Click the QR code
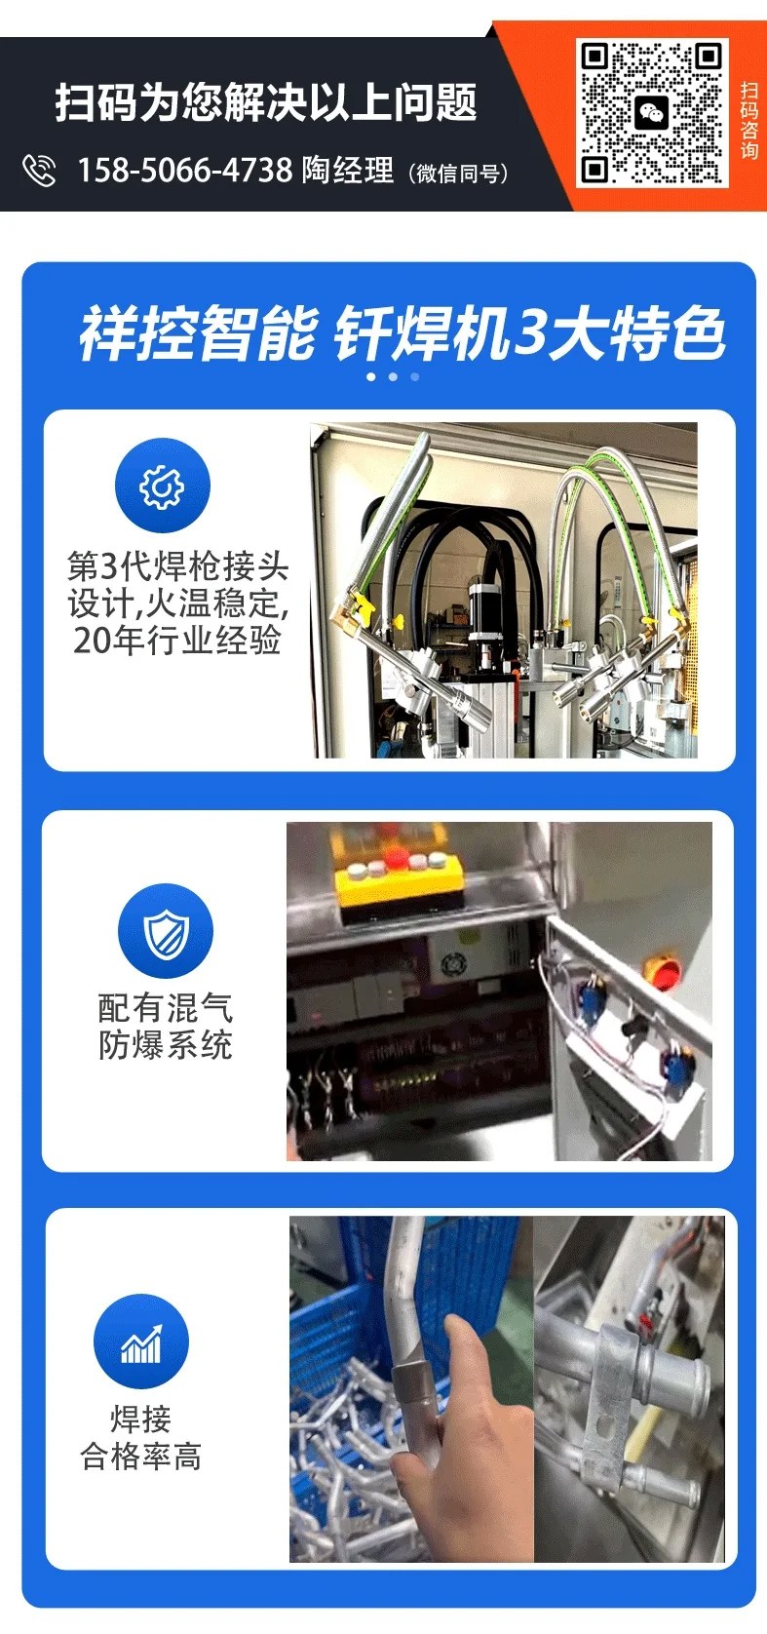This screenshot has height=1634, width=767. [x=652, y=113]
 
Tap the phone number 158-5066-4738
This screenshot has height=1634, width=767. [x=185, y=170]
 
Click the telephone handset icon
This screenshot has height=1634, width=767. [x=39, y=171]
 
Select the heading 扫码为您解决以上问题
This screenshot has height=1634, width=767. [x=266, y=101]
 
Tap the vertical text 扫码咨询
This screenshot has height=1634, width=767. [x=749, y=120]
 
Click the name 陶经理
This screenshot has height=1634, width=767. [x=348, y=170]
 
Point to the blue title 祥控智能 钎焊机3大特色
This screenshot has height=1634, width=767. [x=402, y=332]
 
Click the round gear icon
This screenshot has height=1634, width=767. [x=163, y=486]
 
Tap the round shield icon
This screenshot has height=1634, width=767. [x=166, y=931]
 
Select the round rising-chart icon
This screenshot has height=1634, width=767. [x=140, y=1342]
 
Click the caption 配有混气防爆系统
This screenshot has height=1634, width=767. [x=166, y=1027]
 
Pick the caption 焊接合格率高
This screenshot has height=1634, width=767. [x=140, y=1437]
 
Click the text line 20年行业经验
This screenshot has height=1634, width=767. [x=177, y=640]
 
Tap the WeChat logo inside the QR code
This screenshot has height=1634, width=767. [x=650, y=114]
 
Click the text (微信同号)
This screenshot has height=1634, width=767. [x=458, y=173]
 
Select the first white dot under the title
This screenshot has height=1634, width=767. [x=372, y=377]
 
